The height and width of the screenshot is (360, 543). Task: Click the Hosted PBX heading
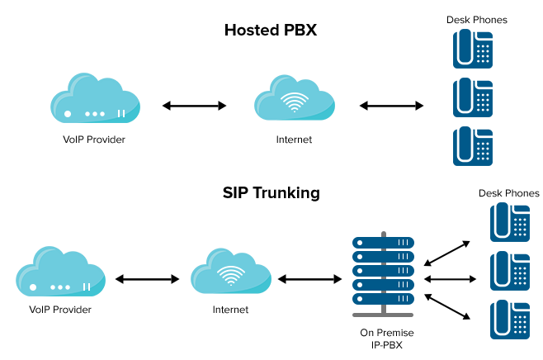pos(271,31)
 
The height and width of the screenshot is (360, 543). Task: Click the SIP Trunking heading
pos(271,194)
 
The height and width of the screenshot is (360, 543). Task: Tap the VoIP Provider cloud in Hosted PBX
pos(94,97)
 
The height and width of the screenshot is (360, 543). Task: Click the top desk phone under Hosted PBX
pos(472,50)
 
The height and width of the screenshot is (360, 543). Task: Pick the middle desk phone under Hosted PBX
pos(472,98)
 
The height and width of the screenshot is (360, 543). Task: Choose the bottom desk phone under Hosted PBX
pos(472,147)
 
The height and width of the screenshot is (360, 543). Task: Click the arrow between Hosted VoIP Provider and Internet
pos(194,106)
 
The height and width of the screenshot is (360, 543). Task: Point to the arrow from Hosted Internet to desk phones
pos(392,106)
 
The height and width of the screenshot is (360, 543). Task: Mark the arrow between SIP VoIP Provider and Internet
pos(148,279)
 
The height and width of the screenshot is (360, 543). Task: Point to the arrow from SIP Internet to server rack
pos(309,279)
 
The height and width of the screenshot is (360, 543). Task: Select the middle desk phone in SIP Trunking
pos(510,270)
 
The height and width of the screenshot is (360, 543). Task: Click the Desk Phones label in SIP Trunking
pos(509,193)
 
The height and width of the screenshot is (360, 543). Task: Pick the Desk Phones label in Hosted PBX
pos(477,20)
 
